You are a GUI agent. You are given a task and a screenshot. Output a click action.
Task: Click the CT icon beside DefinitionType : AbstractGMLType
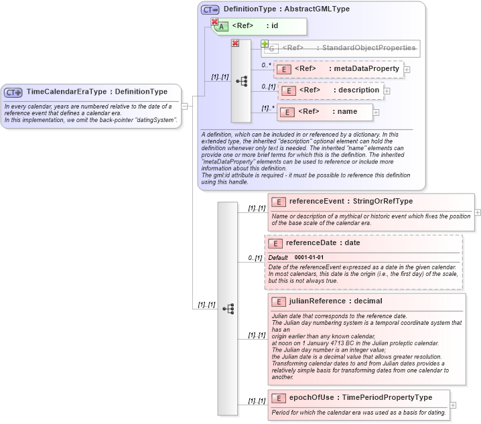(210, 9)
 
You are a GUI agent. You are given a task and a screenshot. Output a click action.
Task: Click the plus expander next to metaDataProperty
(407, 70)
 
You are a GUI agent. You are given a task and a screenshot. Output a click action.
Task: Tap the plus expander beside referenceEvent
(477, 212)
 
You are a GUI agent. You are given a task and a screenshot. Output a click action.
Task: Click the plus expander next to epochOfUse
(453, 405)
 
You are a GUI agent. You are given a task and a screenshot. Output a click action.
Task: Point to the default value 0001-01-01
(309, 258)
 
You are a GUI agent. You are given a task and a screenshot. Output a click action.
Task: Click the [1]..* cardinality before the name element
(268, 109)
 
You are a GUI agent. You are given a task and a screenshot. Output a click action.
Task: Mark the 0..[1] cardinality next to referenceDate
(255, 258)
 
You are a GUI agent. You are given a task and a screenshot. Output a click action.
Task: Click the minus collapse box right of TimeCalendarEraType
(184, 106)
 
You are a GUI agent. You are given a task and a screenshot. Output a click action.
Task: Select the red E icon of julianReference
(277, 302)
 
